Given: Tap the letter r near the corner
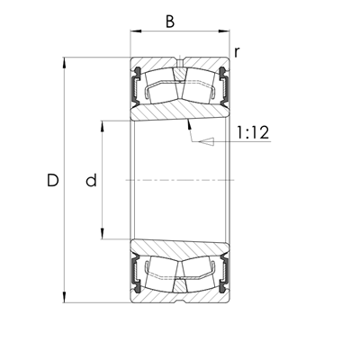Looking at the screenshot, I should click(237, 51).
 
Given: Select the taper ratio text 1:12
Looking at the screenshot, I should click(253, 133).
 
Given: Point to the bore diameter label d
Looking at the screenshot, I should click(90, 181).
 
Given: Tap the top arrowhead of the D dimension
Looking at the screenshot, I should click(65, 63).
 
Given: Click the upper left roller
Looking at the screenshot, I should click(159, 88).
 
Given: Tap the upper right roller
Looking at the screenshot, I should click(201, 88).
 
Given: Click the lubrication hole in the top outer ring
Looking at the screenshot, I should click(180, 65).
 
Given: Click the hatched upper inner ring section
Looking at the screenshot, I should click(180, 112).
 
